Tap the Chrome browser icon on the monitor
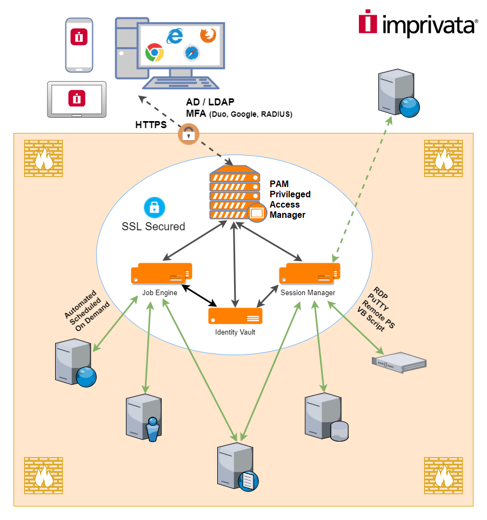[x=155, y=52]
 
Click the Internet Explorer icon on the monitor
[x=175, y=36]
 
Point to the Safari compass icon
[x=191, y=53]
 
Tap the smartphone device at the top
[x=79, y=45]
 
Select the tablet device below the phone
[x=77, y=99]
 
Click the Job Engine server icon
[x=162, y=273]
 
